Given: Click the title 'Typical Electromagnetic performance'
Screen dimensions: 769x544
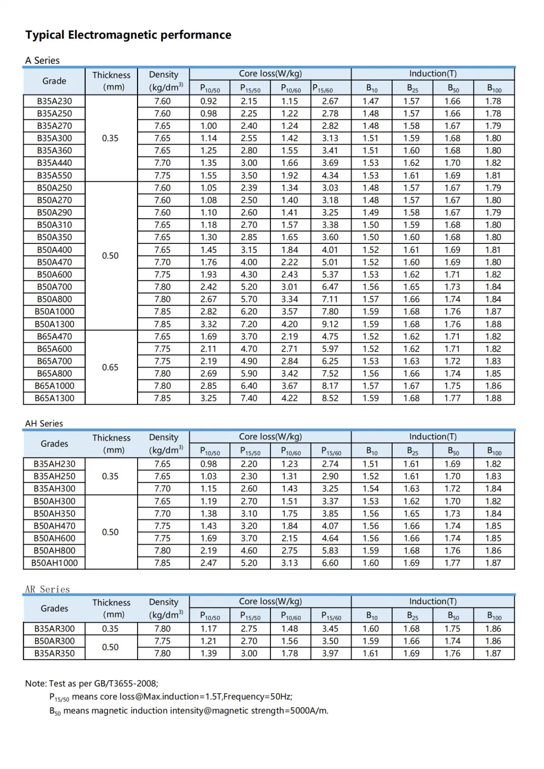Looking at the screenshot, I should click(128, 35).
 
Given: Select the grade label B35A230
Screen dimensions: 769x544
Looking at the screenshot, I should click(54, 101).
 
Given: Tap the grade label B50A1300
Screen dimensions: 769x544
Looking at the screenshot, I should click(54, 324).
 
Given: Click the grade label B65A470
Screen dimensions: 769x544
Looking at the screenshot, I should click(54, 336).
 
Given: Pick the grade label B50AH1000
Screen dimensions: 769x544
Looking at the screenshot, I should click(54, 563).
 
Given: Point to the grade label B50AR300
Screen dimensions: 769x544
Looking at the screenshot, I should click(54, 641).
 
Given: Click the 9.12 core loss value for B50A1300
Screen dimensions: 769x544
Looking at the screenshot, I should click(330, 324).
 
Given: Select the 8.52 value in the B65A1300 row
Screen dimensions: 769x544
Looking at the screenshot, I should click(330, 398).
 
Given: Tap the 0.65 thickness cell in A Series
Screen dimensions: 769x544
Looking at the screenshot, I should click(110, 367).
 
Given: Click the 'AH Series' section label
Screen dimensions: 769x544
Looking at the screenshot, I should click(44, 424).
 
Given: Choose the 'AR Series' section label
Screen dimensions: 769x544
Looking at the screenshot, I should click(47, 589).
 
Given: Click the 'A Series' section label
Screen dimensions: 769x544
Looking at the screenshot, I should click(43, 61).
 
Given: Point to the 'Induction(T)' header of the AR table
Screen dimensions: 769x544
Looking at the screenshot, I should click(433, 601).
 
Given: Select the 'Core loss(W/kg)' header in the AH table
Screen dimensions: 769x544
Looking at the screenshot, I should click(270, 436).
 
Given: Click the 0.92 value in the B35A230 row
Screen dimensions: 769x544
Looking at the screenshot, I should click(209, 101).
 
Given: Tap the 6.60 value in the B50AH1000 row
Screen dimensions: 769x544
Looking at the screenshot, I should click(330, 563).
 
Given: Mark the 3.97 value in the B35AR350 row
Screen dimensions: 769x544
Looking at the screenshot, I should click(330, 653).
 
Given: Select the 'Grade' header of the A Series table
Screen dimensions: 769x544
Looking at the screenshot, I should click(54, 81).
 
